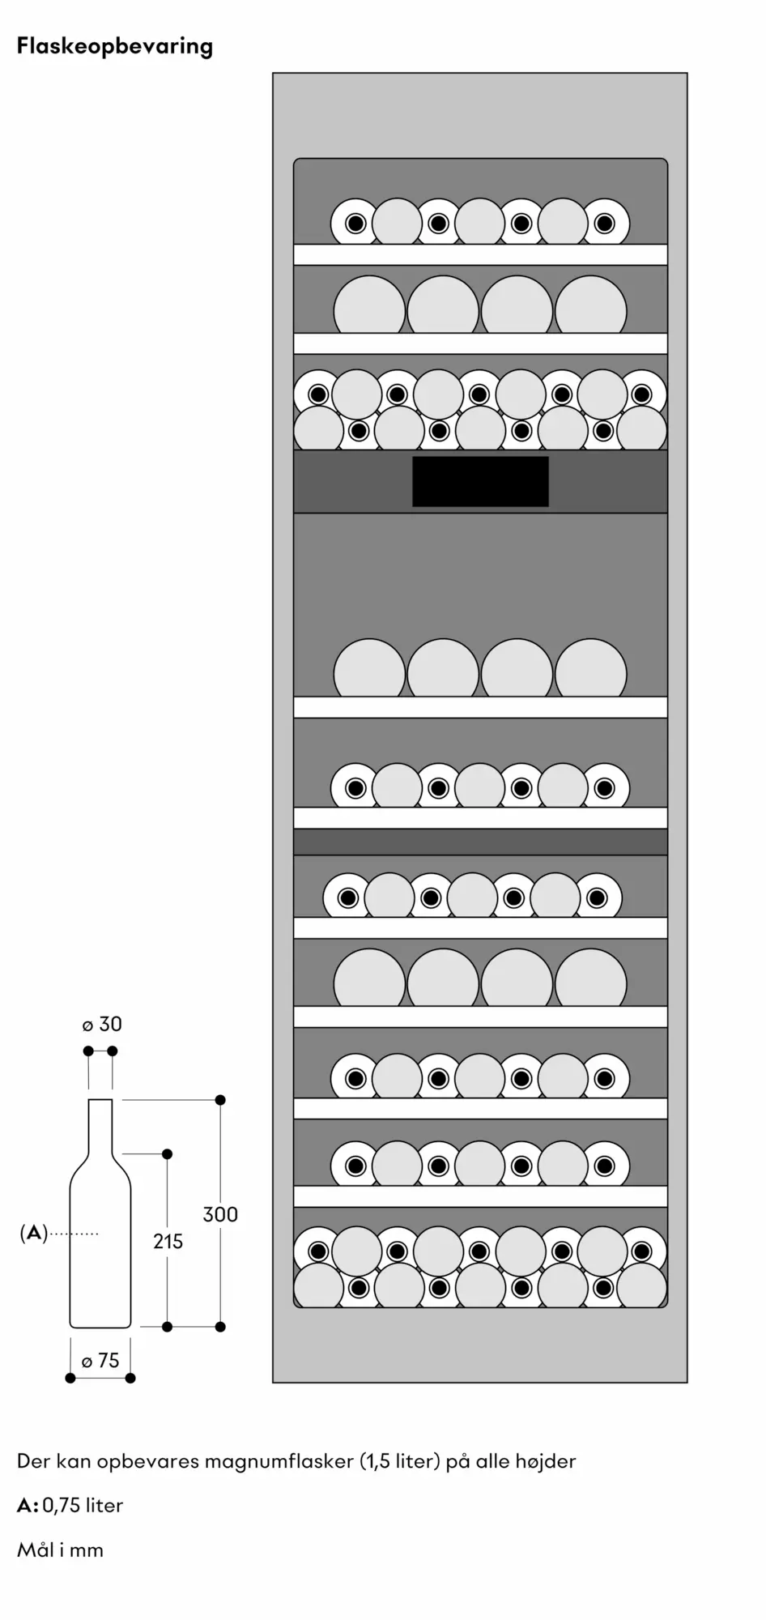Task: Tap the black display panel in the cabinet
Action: click(x=480, y=481)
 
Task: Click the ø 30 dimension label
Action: click(x=102, y=1025)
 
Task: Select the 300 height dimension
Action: click(x=220, y=1214)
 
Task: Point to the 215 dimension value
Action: click(x=168, y=1241)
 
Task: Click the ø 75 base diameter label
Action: click(x=100, y=1361)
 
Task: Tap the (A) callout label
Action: click(x=33, y=1234)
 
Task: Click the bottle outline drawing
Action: click(x=100, y=1213)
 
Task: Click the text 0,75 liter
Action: click(x=83, y=1506)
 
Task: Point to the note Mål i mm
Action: click(x=60, y=1550)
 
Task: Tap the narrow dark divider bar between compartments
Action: click(x=480, y=842)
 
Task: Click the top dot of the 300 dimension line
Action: click(x=220, y=1100)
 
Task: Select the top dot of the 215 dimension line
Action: click(x=168, y=1153)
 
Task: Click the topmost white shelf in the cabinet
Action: click(x=480, y=254)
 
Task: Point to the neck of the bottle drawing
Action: click(x=100, y=1126)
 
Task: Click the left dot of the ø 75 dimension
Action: click(x=70, y=1378)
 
